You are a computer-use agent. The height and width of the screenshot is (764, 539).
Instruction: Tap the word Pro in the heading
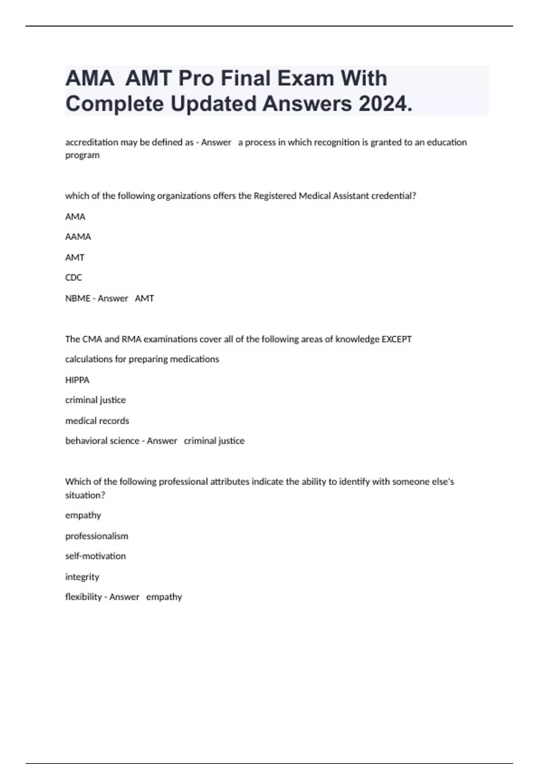[196, 78]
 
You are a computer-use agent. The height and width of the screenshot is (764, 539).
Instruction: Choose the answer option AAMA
[78, 237]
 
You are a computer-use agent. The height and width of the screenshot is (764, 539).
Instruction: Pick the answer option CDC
[74, 278]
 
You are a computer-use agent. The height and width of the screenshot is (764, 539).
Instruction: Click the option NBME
[78, 298]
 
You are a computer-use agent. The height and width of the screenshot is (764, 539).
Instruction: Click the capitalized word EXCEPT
[396, 339]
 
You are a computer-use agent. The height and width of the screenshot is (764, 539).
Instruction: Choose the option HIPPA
[77, 380]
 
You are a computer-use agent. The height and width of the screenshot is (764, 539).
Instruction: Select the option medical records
[97, 421]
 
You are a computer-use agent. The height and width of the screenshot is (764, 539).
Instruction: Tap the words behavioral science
[102, 441]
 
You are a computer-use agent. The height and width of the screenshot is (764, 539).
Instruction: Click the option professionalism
[97, 536]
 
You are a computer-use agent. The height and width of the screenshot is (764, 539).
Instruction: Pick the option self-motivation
[95, 556]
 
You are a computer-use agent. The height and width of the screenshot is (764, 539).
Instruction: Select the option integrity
[82, 577]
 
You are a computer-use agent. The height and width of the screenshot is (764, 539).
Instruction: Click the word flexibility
[84, 597]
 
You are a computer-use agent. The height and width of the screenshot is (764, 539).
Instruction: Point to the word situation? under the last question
[85, 495]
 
